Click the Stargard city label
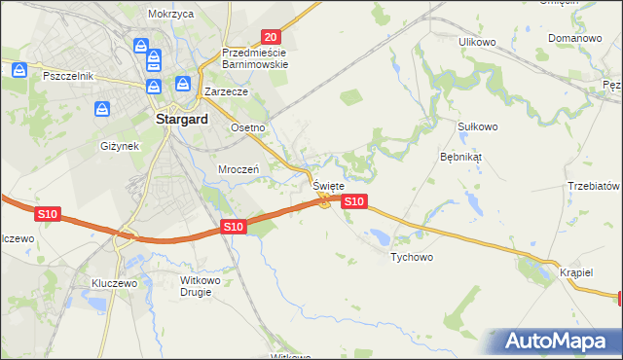[x=180, y=121]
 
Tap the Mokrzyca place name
[x=171, y=15]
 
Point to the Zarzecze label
[x=227, y=91]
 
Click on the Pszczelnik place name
[x=67, y=75]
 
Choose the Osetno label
[x=247, y=127]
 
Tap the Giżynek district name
[x=120, y=146]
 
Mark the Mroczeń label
[x=237, y=168]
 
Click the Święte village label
[x=328, y=185]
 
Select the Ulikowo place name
[x=478, y=42]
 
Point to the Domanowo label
[x=574, y=39]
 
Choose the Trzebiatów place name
[x=594, y=186]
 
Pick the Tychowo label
[x=411, y=258]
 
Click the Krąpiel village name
[x=576, y=272]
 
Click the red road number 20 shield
[x=272, y=36]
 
